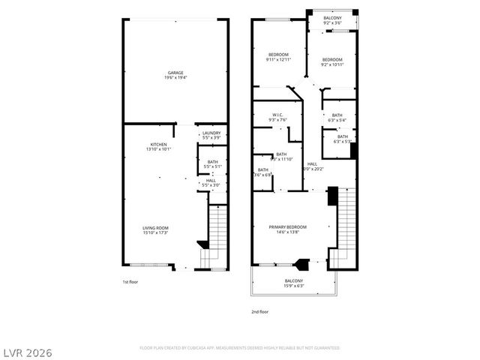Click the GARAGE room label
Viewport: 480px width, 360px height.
(x=175, y=75)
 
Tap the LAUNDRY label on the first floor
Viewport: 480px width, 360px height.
(x=211, y=135)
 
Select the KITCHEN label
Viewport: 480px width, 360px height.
(x=159, y=146)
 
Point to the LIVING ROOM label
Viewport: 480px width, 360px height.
(x=155, y=230)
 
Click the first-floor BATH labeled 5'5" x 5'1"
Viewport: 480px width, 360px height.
(x=212, y=163)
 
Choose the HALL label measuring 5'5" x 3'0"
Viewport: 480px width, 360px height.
(x=212, y=182)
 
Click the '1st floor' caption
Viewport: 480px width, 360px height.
(x=130, y=282)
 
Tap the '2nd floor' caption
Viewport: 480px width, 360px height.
(x=259, y=310)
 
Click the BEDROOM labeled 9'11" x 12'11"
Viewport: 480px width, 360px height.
(x=278, y=58)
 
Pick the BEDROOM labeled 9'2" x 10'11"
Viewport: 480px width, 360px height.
(x=332, y=61)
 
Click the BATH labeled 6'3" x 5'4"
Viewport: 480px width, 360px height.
(x=337, y=117)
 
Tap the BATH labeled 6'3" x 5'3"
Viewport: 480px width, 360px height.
(x=341, y=138)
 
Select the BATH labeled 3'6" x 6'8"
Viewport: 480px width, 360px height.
(x=264, y=172)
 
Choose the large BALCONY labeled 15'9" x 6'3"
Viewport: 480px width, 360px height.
(x=293, y=283)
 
